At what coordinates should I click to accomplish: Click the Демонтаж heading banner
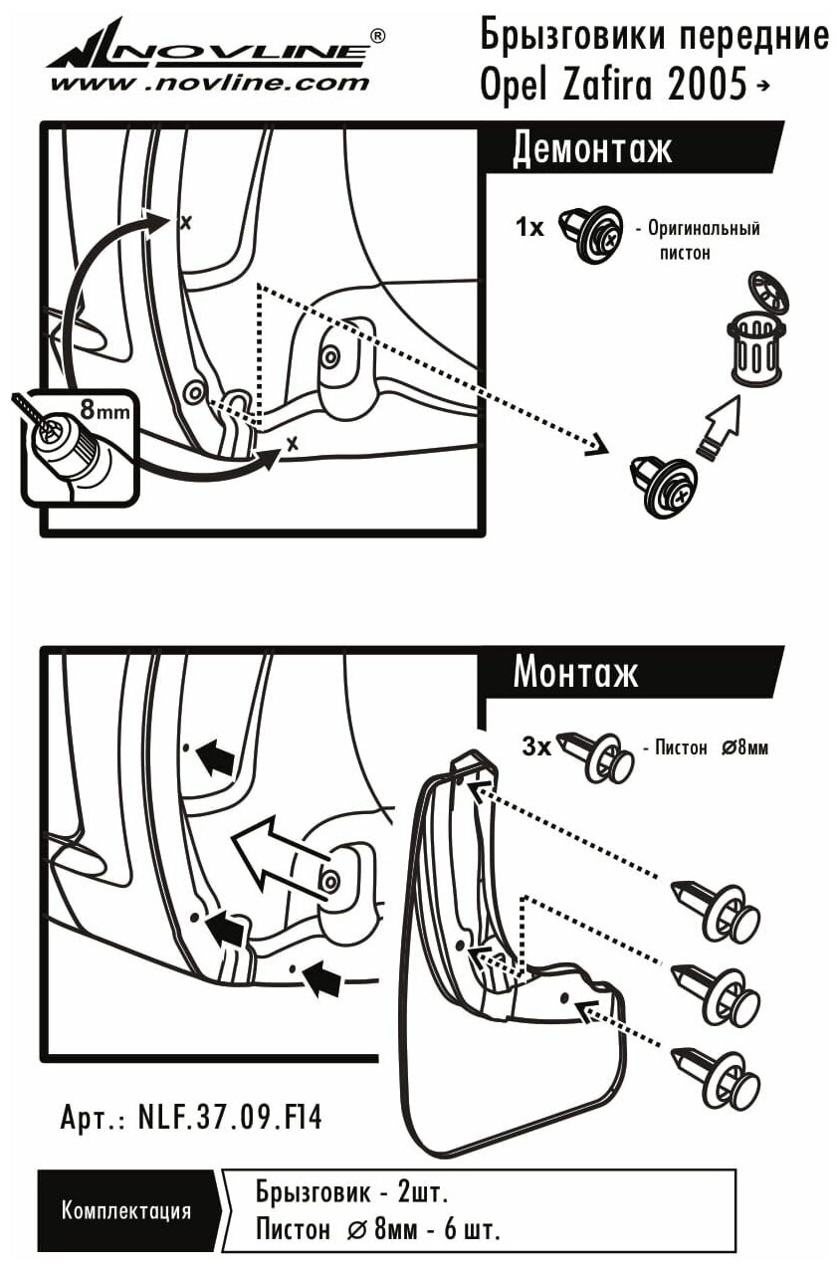pos(592,149)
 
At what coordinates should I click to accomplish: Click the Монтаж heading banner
pos(575,674)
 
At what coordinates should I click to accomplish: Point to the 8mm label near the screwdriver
pos(103,408)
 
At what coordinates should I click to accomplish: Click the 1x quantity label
pos(530,228)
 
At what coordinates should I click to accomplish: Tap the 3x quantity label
pos(536,745)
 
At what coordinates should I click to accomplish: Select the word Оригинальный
pos(704,228)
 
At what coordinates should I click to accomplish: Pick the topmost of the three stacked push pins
pos(716,910)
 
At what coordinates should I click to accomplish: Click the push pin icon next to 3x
pos(597,755)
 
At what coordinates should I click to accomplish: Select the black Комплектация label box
pos(126,1210)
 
